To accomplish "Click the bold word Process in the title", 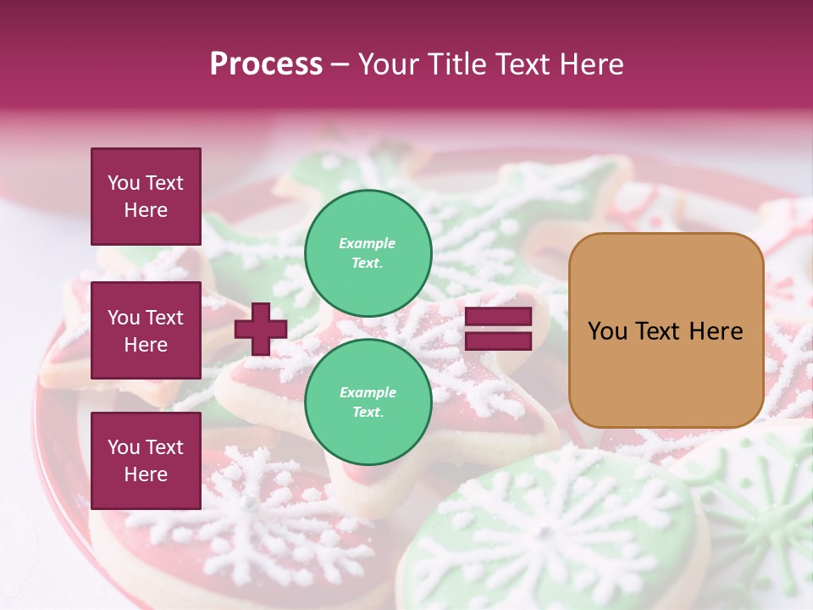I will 266,64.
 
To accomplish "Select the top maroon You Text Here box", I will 146,197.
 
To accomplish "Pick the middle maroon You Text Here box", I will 146,330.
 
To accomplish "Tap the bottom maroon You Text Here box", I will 146,460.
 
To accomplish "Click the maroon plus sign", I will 261,329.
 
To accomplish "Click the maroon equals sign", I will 498,329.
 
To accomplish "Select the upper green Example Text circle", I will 368,252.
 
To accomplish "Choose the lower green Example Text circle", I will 368,402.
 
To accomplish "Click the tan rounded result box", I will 666,330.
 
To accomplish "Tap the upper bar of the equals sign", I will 498,317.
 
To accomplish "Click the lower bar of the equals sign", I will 498,341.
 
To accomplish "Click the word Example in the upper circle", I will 368,243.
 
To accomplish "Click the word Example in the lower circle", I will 368,392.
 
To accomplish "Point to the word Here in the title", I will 592,64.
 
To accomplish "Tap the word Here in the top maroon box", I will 146,210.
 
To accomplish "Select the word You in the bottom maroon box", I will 124,446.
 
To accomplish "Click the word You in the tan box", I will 607,330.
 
